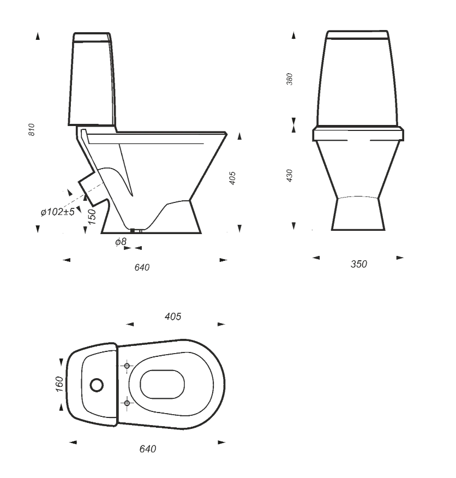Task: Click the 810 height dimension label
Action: point(32,129)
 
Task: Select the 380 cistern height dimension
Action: point(290,79)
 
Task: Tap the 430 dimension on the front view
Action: point(290,176)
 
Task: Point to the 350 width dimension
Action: point(359,264)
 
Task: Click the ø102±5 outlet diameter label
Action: point(58,212)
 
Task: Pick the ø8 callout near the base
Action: point(121,242)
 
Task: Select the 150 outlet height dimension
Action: point(92,217)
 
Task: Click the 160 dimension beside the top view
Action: point(59,384)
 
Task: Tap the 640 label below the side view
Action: point(142,267)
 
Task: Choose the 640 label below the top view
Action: point(148,449)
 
